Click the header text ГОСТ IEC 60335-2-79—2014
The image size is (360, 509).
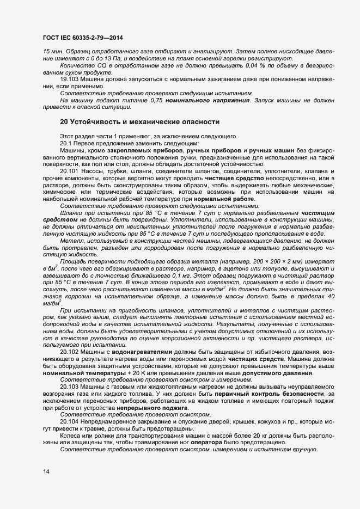83,38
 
